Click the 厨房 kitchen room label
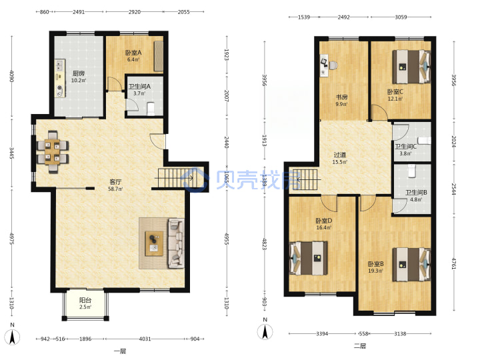[79, 73]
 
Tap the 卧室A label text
[133, 53]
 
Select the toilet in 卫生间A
[151, 109]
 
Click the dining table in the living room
[53, 152]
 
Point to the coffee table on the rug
[154, 243]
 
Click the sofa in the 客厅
[176, 243]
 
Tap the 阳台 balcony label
[85, 300]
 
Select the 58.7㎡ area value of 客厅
[115, 189]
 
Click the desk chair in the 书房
[333, 65]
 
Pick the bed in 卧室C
[411, 67]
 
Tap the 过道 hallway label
[340, 155]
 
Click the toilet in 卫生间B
[412, 171]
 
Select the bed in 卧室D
[308, 258]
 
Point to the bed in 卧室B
[411, 265]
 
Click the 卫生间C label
[405, 147]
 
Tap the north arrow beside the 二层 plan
[265, 332]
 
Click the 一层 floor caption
[120, 351]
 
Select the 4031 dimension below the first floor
[145, 339]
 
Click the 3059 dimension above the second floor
[401, 17]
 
